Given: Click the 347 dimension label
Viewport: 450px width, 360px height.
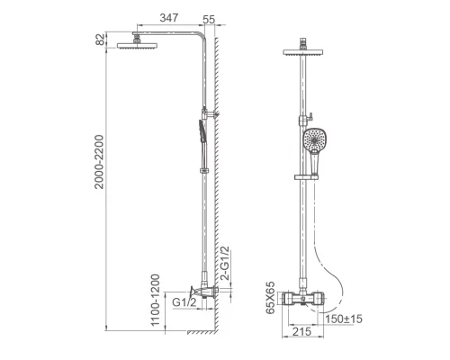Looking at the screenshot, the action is (x=169, y=18).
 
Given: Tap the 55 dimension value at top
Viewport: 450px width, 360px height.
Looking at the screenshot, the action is (x=209, y=20).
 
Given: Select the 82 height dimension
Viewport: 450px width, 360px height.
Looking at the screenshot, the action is (x=101, y=40).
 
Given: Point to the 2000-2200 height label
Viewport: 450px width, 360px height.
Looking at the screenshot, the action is (x=99, y=162).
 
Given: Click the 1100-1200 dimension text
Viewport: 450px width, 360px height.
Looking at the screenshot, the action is (x=155, y=301).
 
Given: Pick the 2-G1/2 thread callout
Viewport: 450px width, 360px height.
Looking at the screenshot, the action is (x=225, y=264).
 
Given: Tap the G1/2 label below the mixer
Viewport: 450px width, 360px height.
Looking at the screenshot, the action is (x=184, y=302).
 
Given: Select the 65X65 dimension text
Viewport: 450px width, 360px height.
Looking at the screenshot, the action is (x=270, y=298).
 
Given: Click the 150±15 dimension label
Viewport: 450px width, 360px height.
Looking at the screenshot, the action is (x=344, y=319).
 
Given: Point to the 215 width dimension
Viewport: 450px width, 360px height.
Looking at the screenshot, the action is (x=301, y=332).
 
